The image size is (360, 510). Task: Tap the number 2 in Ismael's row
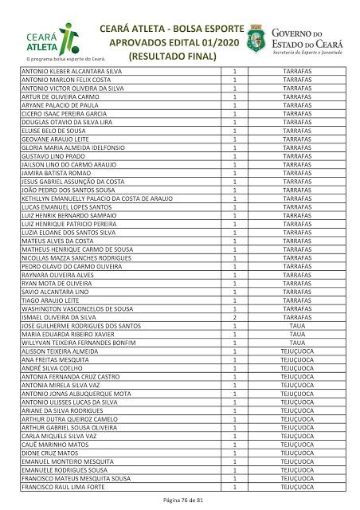tap(235, 317)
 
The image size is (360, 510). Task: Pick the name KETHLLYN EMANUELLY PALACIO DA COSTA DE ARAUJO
tap(96, 198)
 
